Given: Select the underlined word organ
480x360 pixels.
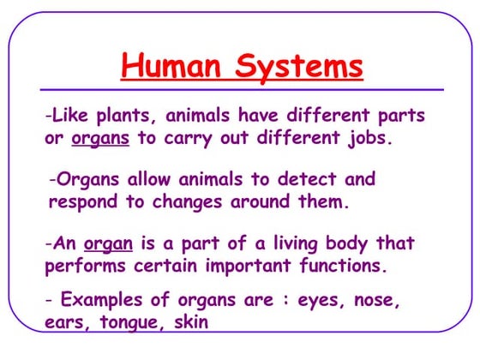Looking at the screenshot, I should (103, 244).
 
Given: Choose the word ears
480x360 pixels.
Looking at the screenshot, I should (67, 323).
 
